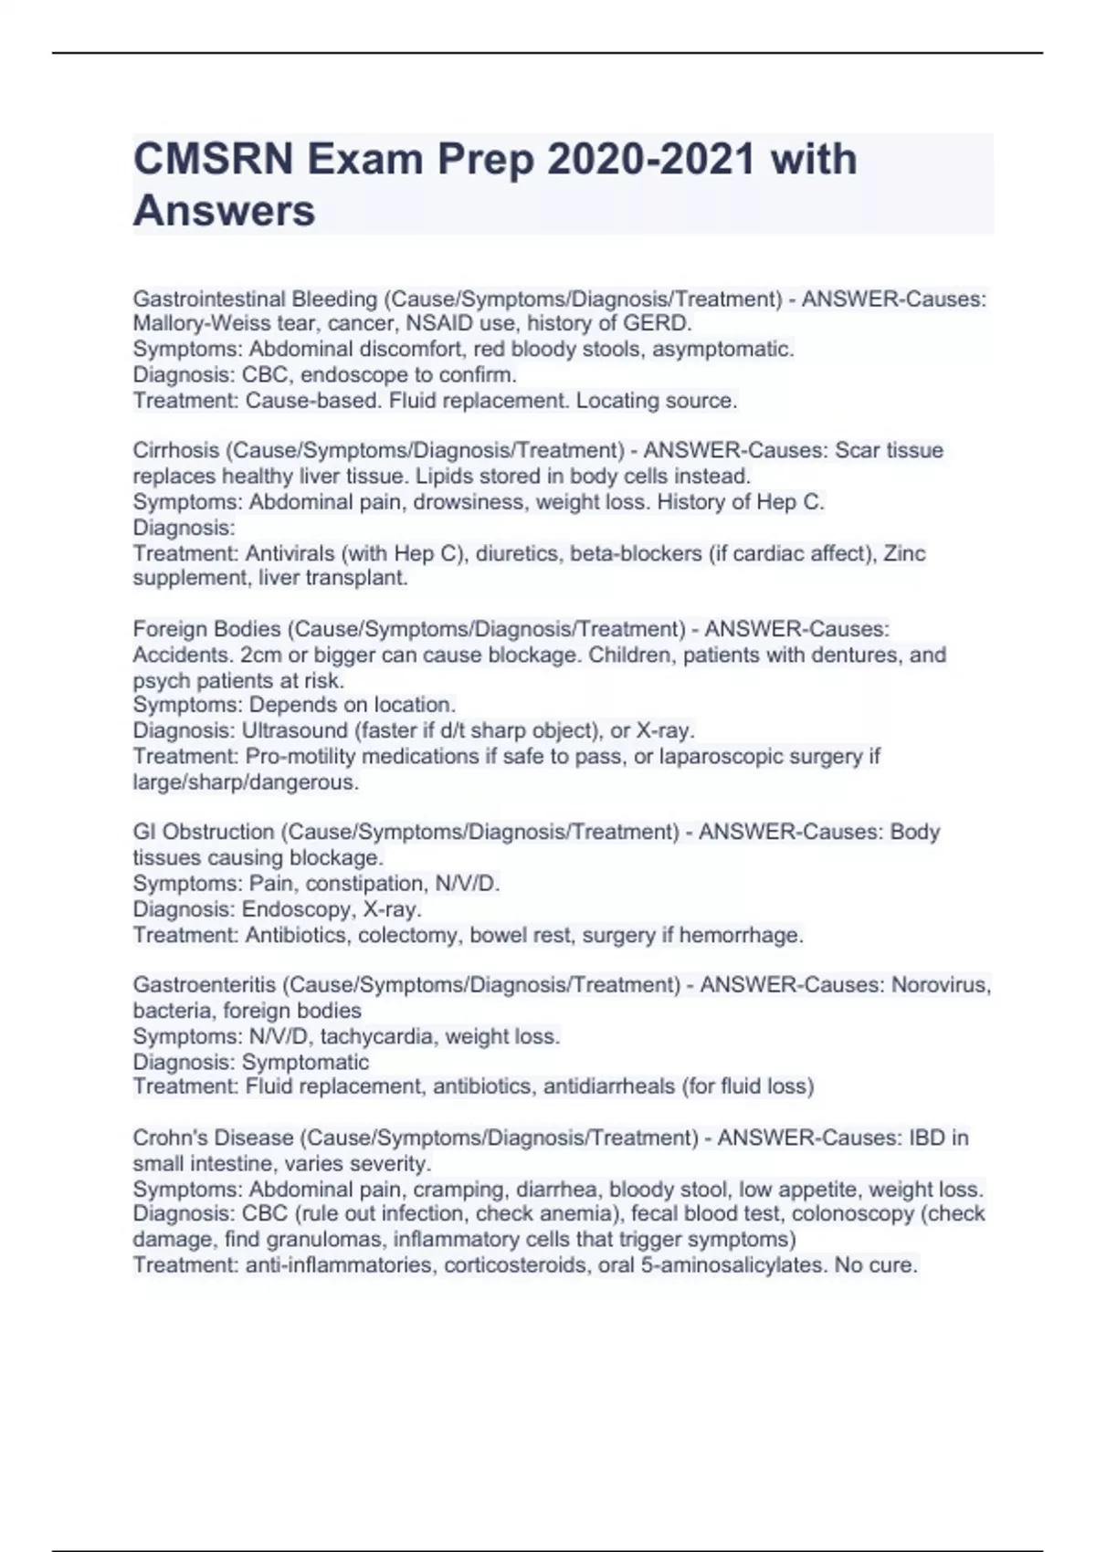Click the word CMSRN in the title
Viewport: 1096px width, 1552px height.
[x=213, y=160]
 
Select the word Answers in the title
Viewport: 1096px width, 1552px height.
[x=224, y=211]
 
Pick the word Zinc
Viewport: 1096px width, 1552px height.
[x=904, y=553]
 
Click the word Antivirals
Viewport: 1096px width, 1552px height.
[x=290, y=553]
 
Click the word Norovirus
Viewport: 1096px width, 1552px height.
[x=940, y=985]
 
